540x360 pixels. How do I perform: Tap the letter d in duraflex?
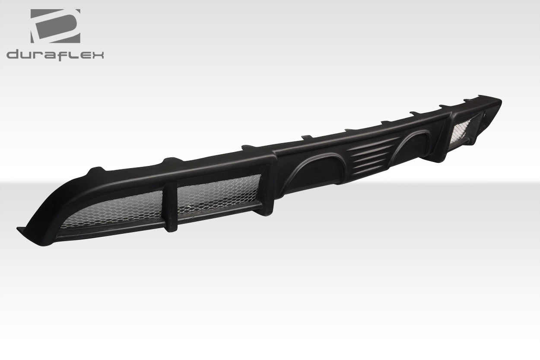(x=13, y=55)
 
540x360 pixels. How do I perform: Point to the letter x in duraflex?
(x=98, y=55)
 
